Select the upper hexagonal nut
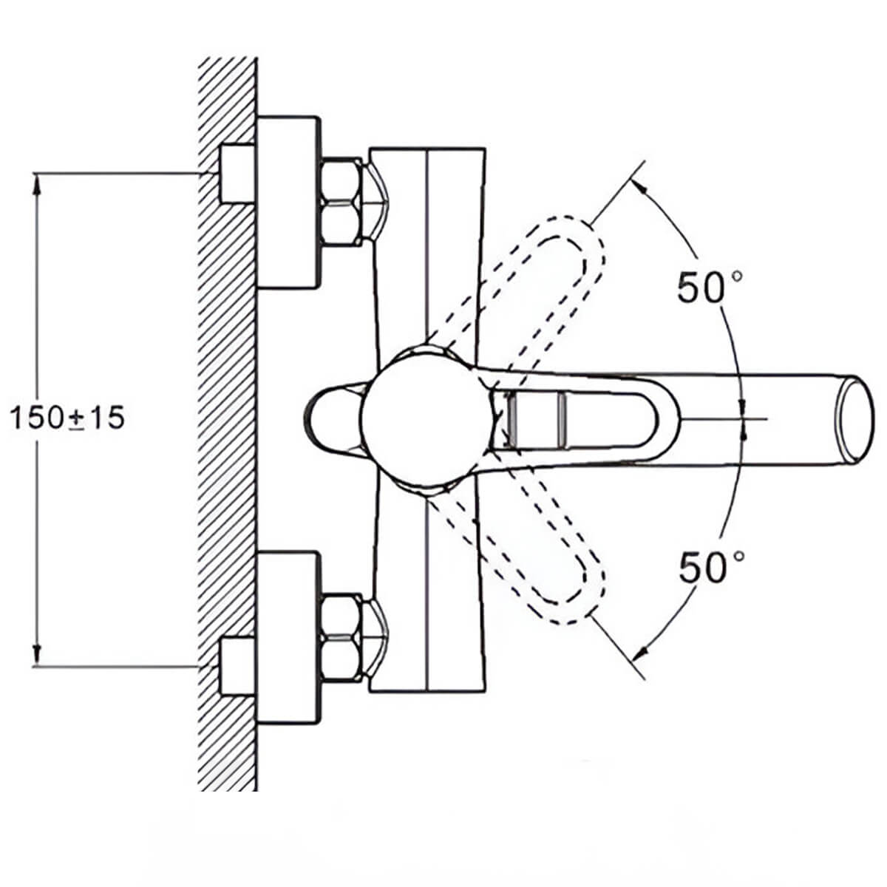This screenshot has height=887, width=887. [341, 202]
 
